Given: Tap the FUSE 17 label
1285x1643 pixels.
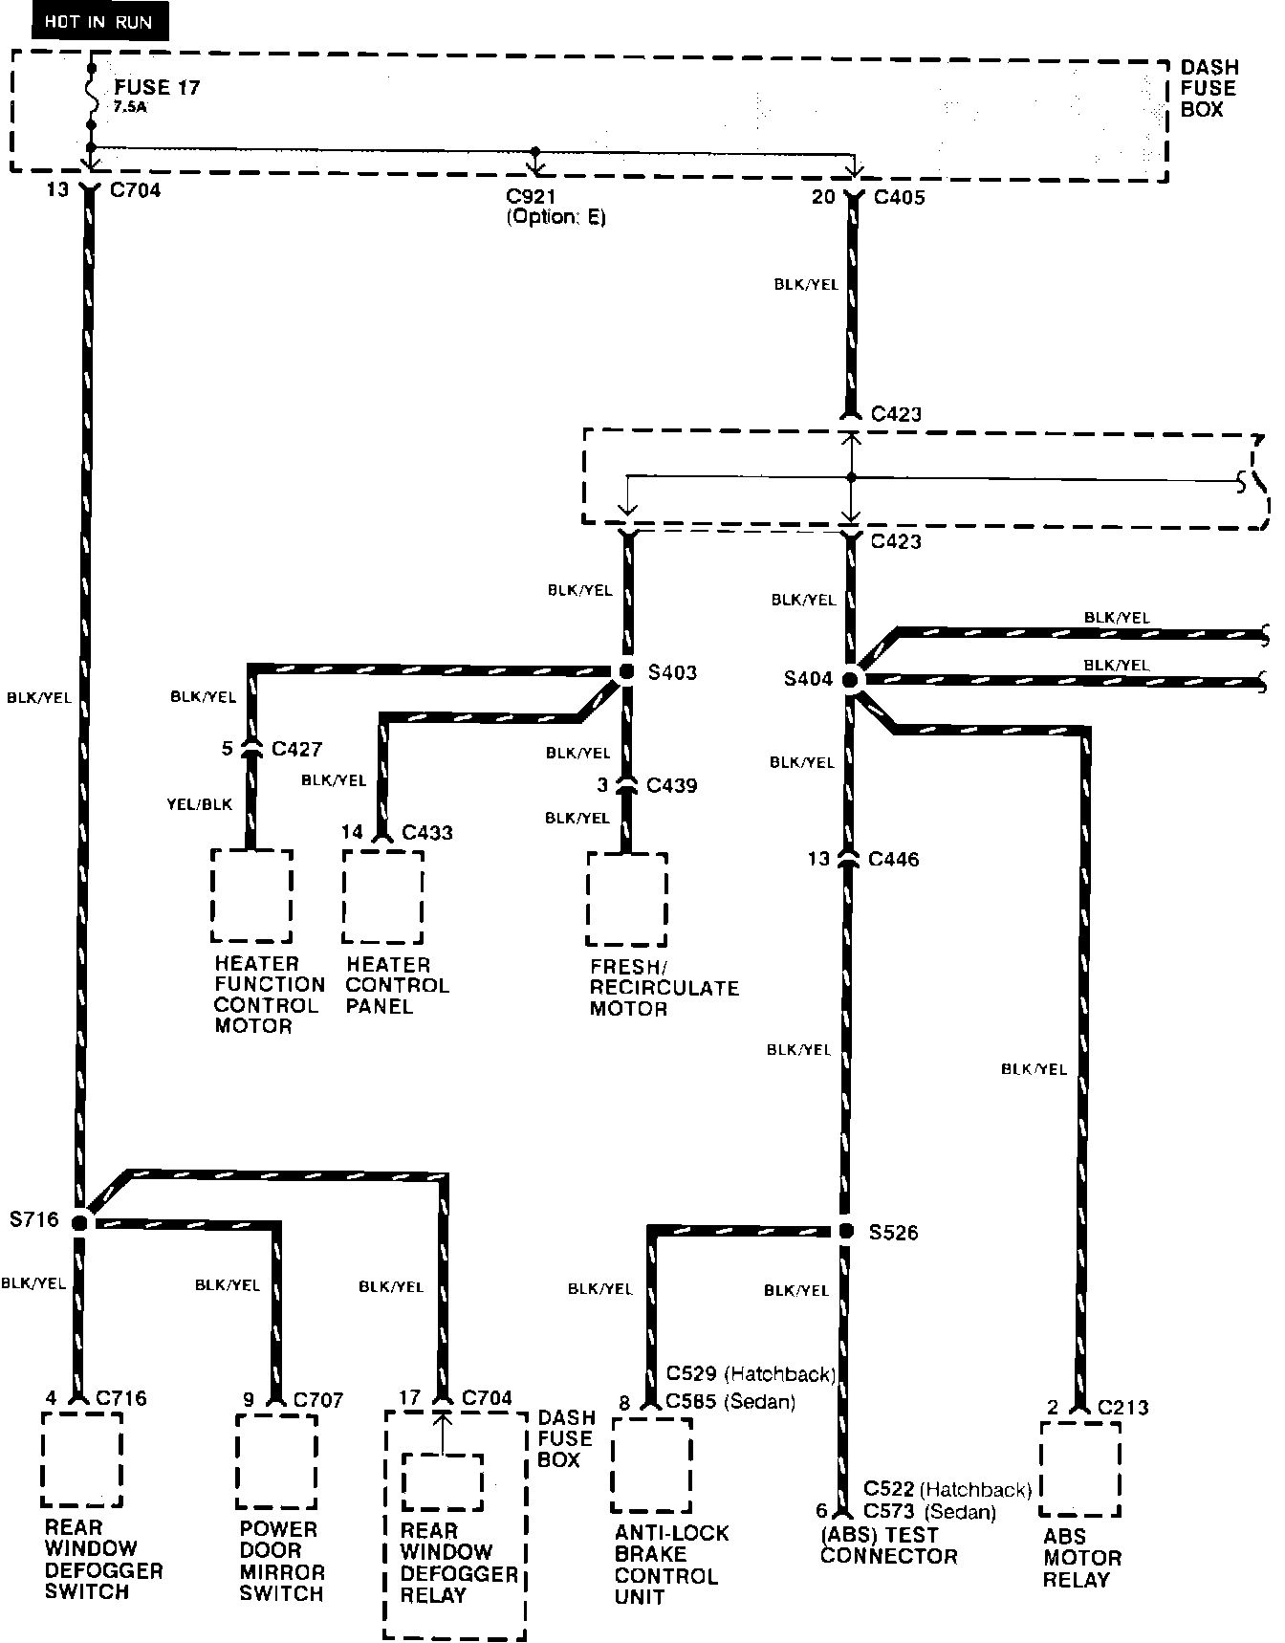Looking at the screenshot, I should [x=157, y=87].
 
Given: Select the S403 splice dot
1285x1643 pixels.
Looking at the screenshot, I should [x=626, y=672].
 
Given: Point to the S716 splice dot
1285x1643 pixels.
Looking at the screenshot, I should [x=80, y=1221].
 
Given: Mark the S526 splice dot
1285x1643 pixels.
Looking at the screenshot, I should [x=845, y=1231].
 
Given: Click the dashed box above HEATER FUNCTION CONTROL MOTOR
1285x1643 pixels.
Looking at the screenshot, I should [x=251, y=895].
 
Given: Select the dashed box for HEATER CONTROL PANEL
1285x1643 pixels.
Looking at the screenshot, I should [x=383, y=897].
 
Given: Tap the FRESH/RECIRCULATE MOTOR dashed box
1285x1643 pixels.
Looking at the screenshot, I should [x=627, y=899].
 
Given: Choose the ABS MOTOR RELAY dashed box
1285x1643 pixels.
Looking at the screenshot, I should [x=1079, y=1469].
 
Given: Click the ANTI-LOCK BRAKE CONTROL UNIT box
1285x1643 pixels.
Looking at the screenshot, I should [x=651, y=1464].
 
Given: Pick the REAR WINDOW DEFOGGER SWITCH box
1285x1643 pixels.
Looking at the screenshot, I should [x=81, y=1458].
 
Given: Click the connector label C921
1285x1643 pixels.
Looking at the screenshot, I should [x=531, y=197].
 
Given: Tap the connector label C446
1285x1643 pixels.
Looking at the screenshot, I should [x=893, y=859].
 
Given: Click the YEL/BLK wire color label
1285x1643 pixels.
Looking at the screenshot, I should [x=200, y=804].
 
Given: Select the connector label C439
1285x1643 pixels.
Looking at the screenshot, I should [x=671, y=785].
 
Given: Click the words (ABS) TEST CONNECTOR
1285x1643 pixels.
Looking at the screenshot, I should [x=888, y=1545].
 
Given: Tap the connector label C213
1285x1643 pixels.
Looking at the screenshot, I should [x=1122, y=1407].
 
